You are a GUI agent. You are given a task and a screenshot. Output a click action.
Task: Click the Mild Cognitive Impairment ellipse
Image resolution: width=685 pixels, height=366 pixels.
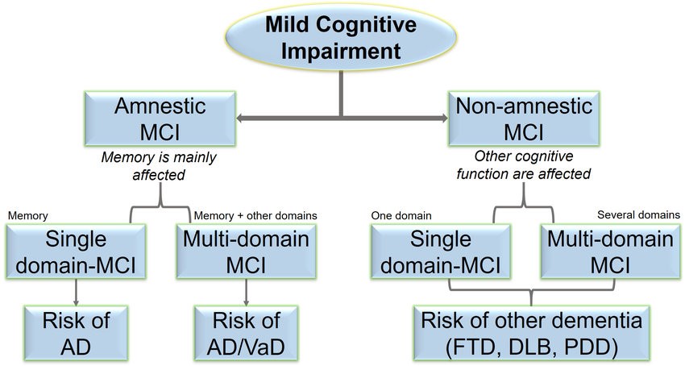[x=341, y=37]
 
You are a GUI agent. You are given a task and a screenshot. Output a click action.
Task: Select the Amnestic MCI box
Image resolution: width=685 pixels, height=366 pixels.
[x=160, y=119]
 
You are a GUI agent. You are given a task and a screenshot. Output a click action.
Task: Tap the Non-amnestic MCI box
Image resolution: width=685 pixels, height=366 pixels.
[x=524, y=119]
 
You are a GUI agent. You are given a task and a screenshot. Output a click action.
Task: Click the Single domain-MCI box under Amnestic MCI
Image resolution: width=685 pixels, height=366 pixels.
[x=76, y=252]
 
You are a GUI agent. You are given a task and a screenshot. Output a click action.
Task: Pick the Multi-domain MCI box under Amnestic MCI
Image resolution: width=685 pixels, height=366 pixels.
[x=246, y=252]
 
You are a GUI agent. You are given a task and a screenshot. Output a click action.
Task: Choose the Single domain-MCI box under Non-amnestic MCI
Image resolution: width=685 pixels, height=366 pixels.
[x=440, y=252]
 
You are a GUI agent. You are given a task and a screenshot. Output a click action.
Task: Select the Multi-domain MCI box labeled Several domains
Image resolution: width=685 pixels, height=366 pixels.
[x=610, y=252]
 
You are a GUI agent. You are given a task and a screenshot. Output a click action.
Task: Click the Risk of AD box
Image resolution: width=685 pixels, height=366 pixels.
[x=76, y=333]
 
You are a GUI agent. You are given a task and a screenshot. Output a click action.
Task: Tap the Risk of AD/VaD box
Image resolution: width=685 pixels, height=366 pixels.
[x=246, y=333]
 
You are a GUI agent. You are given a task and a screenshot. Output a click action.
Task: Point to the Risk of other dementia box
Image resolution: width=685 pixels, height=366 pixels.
[x=532, y=333]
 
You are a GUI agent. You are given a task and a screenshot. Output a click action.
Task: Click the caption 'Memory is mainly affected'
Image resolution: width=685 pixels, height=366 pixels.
[x=159, y=166]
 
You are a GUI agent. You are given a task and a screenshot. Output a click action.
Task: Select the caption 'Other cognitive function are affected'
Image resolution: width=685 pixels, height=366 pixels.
[x=524, y=164]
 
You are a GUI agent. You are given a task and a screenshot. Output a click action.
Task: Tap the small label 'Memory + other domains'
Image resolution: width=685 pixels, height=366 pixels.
[x=255, y=215]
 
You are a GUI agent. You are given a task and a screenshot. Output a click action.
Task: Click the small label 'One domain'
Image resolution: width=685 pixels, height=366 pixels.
[x=401, y=215]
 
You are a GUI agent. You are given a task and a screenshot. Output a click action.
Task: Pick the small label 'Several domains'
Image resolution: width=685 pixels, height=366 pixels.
[x=639, y=214]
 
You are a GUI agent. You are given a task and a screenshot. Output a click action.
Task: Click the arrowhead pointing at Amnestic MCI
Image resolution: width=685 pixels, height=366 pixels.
[x=240, y=118]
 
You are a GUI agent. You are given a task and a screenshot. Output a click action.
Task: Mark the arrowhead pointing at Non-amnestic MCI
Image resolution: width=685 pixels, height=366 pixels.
[x=444, y=118]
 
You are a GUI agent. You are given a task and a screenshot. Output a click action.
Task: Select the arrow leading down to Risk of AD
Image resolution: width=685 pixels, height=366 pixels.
[x=76, y=292]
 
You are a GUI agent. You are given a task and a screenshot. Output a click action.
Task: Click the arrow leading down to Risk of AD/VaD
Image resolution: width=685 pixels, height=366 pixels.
[x=246, y=292]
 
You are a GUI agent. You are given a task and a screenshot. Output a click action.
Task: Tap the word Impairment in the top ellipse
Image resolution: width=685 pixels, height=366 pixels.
[x=341, y=51]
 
